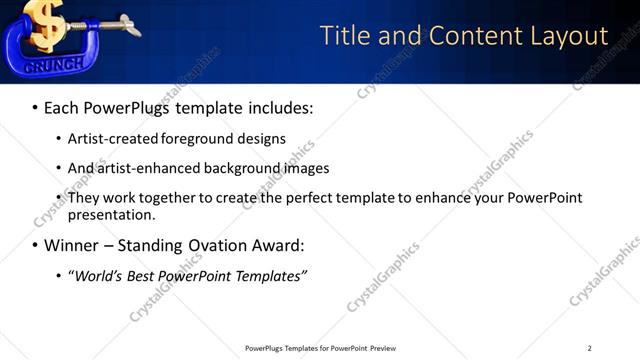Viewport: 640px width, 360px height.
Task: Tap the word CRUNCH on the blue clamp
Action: click(41, 65)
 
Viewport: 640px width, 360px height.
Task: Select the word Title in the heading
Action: click(346, 36)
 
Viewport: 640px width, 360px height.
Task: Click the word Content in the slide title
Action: click(470, 36)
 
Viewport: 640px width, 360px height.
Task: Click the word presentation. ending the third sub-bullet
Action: click(111, 214)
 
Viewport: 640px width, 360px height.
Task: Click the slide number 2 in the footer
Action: click(589, 348)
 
